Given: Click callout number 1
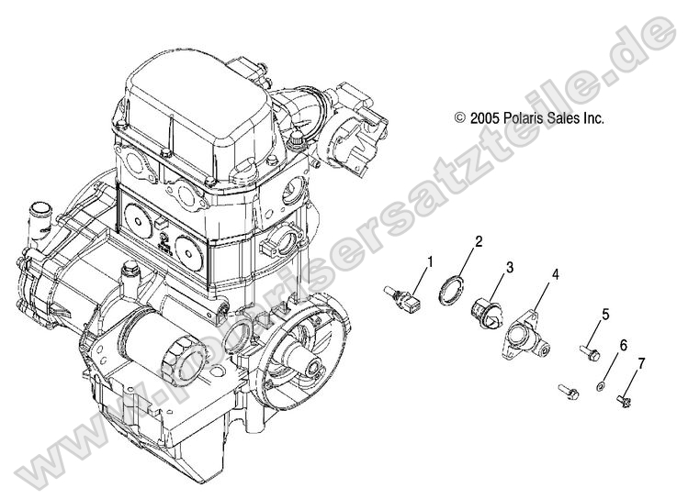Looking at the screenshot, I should (x=430, y=264).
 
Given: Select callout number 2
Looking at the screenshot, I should (x=479, y=243).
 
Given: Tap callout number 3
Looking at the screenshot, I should (x=508, y=268).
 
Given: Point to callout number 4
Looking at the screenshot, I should (x=556, y=274).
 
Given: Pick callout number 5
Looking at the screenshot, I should (x=606, y=315).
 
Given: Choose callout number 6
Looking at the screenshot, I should (x=623, y=347).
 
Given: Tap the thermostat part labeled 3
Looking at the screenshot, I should (x=487, y=314).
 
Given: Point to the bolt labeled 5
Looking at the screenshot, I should (x=588, y=349).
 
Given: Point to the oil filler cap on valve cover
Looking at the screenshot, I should (x=299, y=138).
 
